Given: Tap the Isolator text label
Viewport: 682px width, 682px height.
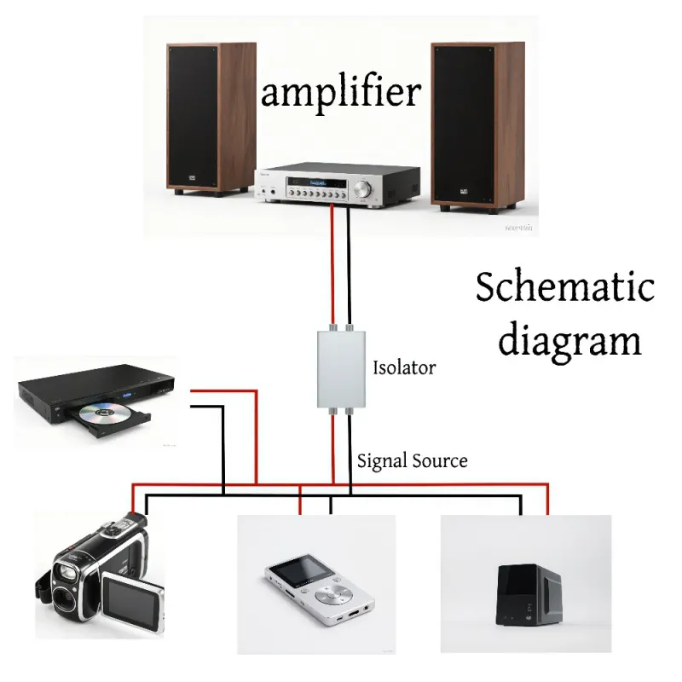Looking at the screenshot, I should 404,368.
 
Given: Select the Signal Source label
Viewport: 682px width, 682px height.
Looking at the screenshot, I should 412,461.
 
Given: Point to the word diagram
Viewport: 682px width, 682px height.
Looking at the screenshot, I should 569,340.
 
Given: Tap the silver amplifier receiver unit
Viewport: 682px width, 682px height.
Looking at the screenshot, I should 340,187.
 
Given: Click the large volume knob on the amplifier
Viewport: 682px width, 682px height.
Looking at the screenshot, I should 366,188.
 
